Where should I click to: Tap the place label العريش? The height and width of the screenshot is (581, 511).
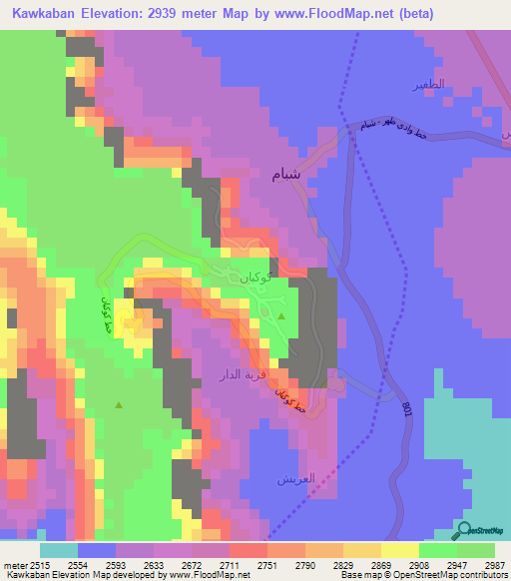295,478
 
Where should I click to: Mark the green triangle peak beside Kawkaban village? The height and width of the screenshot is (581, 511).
280,316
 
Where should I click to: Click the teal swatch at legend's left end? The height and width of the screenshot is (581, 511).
58,550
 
